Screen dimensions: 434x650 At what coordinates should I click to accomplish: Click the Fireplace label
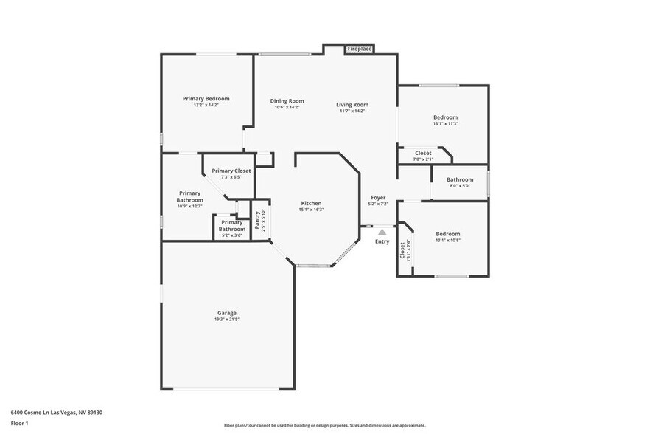(360, 49)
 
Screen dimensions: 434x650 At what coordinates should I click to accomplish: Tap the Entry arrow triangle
(382, 232)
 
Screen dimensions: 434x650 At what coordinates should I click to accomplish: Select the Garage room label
(226, 313)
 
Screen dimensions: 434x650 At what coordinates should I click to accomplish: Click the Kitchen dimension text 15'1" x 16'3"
(311, 210)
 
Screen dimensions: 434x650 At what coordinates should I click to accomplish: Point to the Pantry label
(257, 219)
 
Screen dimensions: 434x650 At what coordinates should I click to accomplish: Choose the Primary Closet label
(231, 170)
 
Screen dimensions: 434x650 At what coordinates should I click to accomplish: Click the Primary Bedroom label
(206, 99)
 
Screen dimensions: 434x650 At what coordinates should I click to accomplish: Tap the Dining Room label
(287, 101)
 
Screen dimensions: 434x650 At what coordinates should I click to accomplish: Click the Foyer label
(378, 197)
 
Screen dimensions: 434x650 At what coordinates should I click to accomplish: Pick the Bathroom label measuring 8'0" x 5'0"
(460, 179)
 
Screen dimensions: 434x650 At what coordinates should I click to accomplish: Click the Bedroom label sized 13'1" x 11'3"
(445, 117)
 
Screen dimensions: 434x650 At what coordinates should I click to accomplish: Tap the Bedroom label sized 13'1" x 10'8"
(447, 234)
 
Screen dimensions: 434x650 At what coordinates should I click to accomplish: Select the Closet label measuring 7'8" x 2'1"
(423, 153)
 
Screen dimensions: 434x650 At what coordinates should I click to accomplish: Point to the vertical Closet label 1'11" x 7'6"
(402, 251)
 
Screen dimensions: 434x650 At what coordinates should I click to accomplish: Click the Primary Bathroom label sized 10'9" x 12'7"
(189, 196)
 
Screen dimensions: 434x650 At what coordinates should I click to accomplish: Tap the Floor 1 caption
(19, 423)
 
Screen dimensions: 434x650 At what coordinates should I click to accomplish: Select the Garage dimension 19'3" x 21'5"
(226, 320)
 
